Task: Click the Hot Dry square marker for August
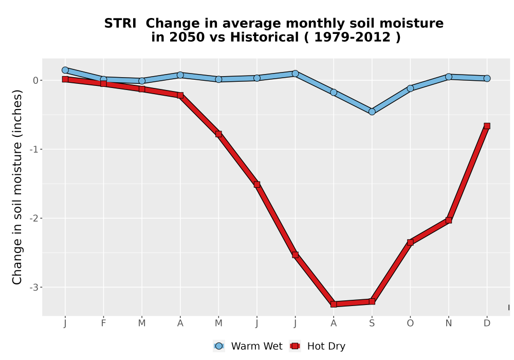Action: [x=334, y=304]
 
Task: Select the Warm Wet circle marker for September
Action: [x=372, y=112]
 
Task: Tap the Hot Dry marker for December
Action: [x=487, y=126]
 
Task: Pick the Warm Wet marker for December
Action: [x=487, y=78]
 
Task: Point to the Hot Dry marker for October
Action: [x=410, y=242]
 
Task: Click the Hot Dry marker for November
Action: [x=449, y=220]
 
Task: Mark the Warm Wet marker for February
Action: [x=104, y=79]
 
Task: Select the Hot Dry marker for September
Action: [x=372, y=301]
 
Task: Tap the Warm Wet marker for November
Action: [x=449, y=77]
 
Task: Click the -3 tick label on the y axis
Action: [x=34, y=287]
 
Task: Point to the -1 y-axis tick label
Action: [x=34, y=150]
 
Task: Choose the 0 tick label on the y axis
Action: [x=36, y=80]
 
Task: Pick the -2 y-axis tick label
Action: [x=34, y=219]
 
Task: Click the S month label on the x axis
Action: [x=372, y=323]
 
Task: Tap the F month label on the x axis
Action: [x=104, y=323]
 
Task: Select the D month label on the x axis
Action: [x=487, y=323]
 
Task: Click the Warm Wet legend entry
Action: [x=248, y=346]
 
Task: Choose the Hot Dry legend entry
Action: [x=317, y=346]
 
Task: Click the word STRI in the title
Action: [x=120, y=24]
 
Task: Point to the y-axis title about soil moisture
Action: [x=17, y=187]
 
